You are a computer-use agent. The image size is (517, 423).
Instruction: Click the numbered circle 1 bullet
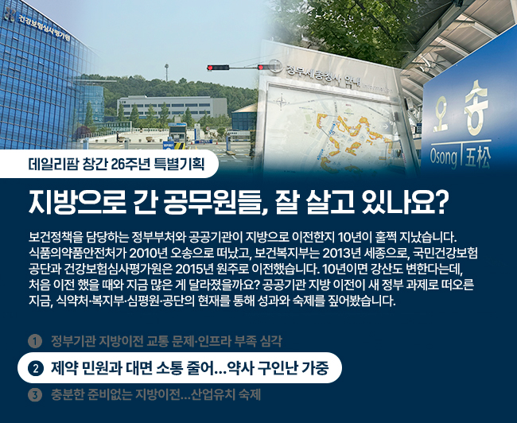click(35, 342)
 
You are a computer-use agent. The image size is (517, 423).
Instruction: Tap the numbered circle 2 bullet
click(36, 368)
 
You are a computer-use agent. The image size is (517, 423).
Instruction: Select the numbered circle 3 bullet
click(35, 394)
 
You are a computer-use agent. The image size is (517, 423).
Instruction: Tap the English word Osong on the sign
click(443, 157)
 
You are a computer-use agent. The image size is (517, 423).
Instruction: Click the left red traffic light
click(218, 68)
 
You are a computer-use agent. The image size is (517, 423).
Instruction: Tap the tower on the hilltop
click(166, 72)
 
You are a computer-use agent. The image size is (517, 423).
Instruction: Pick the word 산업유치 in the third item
click(214, 394)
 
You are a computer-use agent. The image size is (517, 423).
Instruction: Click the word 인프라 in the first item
click(214, 342)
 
